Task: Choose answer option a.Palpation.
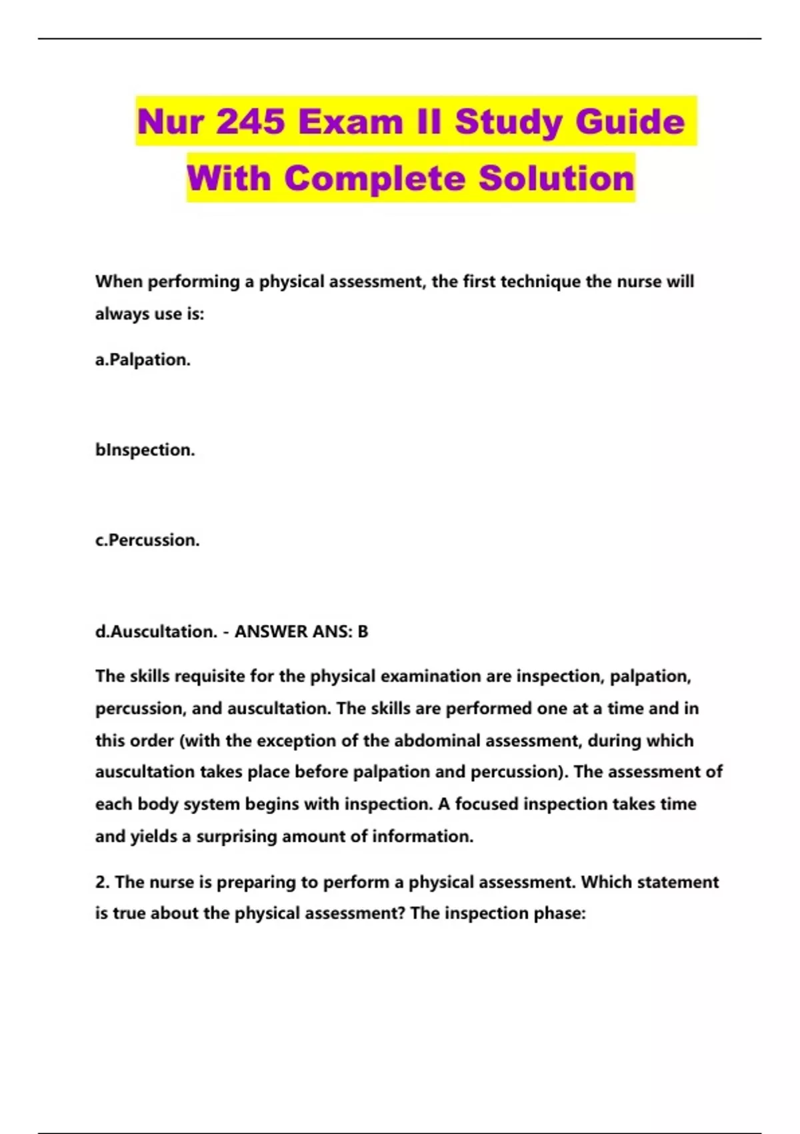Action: coord(143,360)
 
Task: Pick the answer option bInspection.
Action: coord(145,450)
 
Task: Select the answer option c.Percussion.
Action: coord(147,540)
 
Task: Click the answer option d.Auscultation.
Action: coord(156,631)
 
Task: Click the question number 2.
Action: coord(102,882)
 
